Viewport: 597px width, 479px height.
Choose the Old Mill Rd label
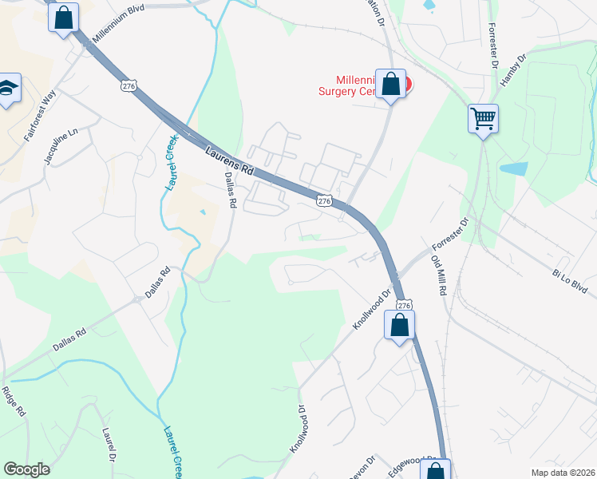[438, 275]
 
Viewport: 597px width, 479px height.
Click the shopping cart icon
[483, 119]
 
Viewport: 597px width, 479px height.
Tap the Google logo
[27, 469]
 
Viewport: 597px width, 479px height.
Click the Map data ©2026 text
[563, 472]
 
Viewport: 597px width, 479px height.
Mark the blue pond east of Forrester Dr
[513, 168]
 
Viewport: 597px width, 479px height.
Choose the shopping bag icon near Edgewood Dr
[438, 470]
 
